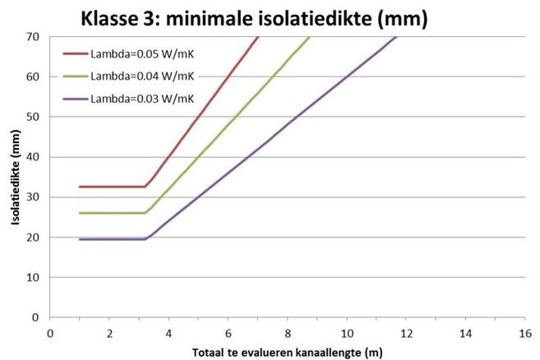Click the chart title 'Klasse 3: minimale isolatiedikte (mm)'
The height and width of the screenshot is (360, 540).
click(x=253, y=17)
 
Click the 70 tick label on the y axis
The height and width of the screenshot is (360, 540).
click(x=34, y=37)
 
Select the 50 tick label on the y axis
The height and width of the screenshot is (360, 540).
click(x=34, y=117)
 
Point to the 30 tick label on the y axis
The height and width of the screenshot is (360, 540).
click(x=34, y=196)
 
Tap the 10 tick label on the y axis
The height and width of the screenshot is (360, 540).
click(x=34, y=277)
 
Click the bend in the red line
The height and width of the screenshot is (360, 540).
click(x=146, y=187)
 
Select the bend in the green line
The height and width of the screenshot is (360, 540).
click(x=146, y=213)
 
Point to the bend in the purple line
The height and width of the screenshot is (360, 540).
click(x=146, y=239)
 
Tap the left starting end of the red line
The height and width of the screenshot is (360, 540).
click(x=80, y=187)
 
